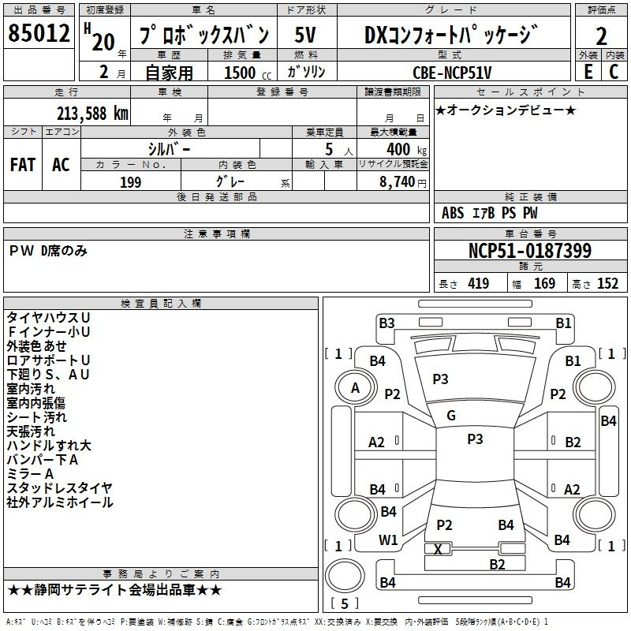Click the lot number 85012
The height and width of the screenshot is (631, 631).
tap(39, 33)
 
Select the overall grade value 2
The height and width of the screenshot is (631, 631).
tap(601, 36)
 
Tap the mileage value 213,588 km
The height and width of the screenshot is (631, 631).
tap(92, 114)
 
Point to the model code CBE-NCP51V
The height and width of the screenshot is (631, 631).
tap(452, 73)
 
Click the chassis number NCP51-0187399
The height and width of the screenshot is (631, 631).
tap(530, 251)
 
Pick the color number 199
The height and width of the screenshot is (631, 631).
tap(130, 182)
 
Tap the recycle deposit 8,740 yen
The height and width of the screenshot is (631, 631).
tap(403, 182)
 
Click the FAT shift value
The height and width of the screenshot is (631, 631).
tap(23, 165)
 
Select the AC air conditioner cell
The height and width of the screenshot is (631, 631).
tap(61, 165)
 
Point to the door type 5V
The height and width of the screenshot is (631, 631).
tap(305, 35)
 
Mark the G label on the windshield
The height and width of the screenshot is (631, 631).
tap(451, 416)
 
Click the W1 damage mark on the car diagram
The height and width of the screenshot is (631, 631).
tap(388, 540)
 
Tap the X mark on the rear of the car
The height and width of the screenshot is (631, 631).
tap(439, 549)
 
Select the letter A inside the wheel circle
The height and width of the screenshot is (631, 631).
tap(356, 388)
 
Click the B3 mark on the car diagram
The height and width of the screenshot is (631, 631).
tap(386, 323)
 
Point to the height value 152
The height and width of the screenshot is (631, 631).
tap(607, 284)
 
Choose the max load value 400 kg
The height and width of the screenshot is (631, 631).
tap(406, 150)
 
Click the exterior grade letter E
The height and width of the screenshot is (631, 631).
tap(588, 72)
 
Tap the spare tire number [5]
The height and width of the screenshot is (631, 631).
tap(345, 603)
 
